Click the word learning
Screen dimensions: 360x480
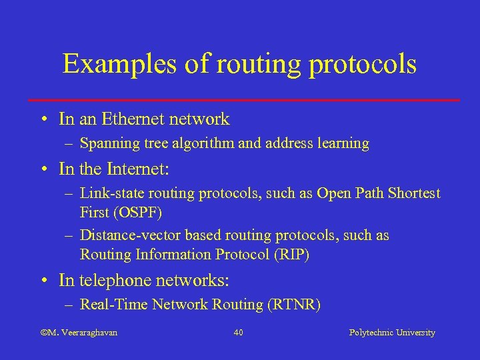click(x=343, y=143)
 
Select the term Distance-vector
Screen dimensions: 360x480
click(x=130, y=236)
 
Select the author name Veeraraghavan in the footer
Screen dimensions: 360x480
click(x=87, y=332)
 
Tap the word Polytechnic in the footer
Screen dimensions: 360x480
click(x=371, y=332)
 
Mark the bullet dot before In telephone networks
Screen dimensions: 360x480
click(x=43, y=281)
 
